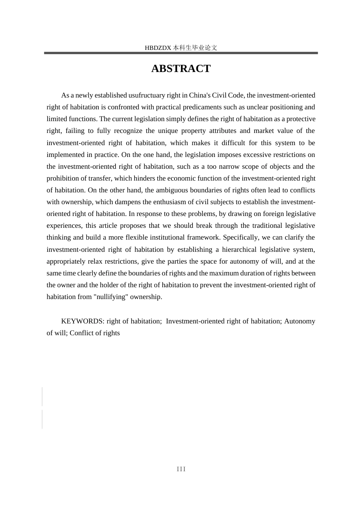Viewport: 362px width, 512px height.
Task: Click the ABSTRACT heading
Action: [181, 69]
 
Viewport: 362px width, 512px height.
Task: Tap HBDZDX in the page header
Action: [158, 48]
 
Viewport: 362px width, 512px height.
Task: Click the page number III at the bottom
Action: [181, 469]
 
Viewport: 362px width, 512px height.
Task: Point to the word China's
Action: [200, 95]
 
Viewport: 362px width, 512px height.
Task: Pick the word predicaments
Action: [205, 107]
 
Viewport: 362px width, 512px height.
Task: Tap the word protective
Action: [301, 119]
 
